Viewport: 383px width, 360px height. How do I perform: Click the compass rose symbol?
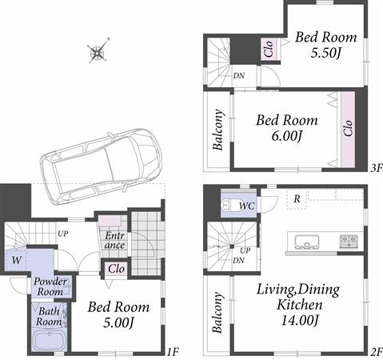click(98, 54)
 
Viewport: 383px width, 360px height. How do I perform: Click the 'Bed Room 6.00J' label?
click(286, 128)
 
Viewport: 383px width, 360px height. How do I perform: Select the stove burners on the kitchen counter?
click(349, 239)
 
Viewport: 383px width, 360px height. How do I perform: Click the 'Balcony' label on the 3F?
click(217, 130)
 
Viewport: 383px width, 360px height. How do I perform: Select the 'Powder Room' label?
click(50, 286)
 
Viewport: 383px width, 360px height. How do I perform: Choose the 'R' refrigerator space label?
click(297, 198)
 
